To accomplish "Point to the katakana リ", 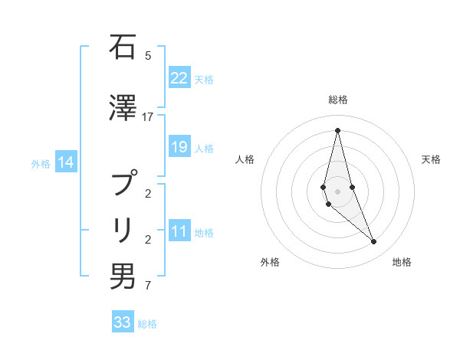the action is (122, 229).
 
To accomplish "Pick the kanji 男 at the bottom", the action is (122, 277).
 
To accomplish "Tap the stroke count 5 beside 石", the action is (147, 55).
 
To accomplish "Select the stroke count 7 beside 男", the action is (147, 286).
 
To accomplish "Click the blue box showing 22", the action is (179, 78).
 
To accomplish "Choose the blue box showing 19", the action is (179, 147).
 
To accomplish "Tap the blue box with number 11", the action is (179, 232).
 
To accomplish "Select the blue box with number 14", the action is (66, 162).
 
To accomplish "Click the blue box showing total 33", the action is (123, 322).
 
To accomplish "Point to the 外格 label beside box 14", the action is (41, 163).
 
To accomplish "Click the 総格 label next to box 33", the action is (147, 324).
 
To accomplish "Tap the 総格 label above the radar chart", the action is (337, 100).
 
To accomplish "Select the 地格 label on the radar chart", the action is (402, 262).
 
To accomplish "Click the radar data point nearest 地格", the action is (373, 242).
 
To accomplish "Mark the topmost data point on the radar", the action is (337, 129).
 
